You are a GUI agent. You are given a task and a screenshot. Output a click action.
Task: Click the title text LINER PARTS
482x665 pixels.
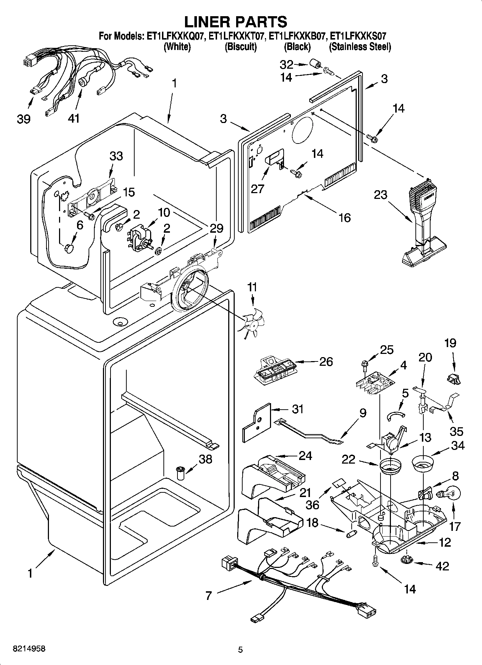(x=236, y=22)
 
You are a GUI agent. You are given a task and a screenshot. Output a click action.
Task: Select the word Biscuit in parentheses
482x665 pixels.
(x=240, y=47)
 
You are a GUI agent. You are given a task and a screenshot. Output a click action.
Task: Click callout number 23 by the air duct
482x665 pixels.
(x=380, y=195)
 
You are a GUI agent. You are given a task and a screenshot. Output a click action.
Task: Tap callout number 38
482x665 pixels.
(x=206, y=459)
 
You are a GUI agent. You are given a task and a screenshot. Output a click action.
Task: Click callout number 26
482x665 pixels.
(x=326, y=361)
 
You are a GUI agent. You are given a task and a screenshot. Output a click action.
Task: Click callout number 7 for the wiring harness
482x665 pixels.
(x=209, y=596)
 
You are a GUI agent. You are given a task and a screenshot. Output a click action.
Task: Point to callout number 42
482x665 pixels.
(x=442, y=566)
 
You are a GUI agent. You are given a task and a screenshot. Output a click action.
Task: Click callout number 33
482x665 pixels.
(x=116, y=156)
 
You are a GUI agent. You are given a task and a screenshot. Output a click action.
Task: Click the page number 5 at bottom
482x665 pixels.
(x=240, y=650)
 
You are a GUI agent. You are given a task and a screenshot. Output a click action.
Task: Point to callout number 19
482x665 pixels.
(x=450, y=343)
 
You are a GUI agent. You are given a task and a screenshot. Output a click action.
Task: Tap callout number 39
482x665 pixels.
(x=24, y=119)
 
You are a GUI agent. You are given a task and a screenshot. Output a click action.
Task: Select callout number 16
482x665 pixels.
(x=344, y=218)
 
